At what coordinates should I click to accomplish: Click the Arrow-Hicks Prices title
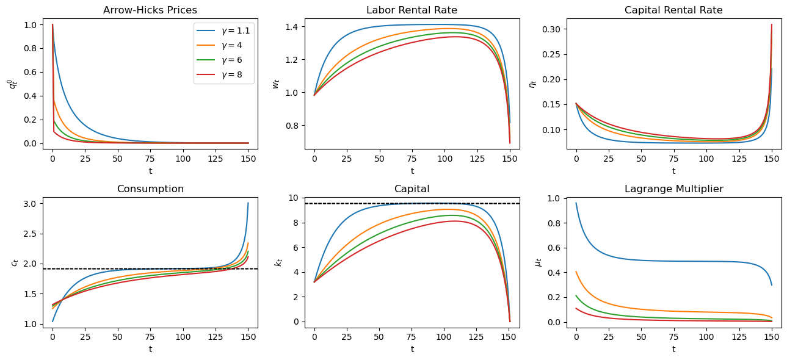coord(150,10)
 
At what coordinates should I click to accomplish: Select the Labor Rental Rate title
coord(412,10)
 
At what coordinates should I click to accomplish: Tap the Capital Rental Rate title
coord(673,10)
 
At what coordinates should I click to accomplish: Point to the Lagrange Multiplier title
coord(673,189)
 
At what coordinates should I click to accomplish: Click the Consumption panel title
coord(150,189)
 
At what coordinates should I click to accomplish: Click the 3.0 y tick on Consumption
coord(31,203)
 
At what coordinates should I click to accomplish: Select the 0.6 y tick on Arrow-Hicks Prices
coord(31,72)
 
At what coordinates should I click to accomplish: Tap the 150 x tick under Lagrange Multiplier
coord(772,337)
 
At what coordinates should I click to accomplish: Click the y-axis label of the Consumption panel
coord(15,262)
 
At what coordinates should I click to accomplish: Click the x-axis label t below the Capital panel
coord(412,349)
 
